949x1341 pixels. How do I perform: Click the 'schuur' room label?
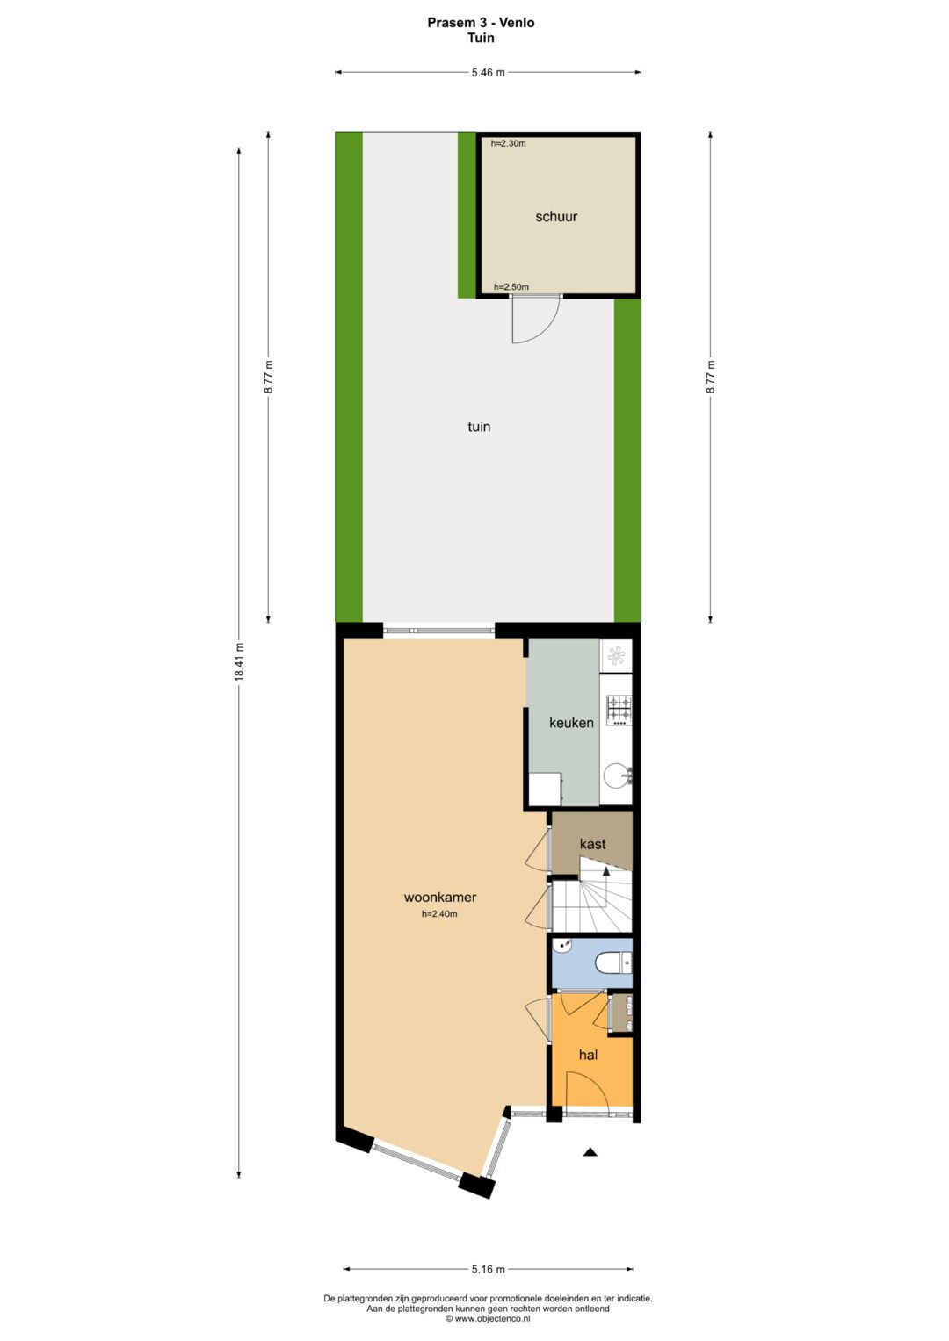(x=556, y=217)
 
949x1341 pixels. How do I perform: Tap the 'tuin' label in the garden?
(x=479, y=427)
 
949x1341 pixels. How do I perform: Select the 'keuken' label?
(x=571, y=723)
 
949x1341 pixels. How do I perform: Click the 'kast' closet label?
(x=592, y=844)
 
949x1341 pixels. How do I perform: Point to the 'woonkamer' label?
(x=440, y=898)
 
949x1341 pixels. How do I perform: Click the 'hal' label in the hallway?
(x=588, y=1055)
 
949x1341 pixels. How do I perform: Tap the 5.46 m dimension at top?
(x=488, y=73)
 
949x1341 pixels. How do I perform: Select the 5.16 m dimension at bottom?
(x=488, y=1269)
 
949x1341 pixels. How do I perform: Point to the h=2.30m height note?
(x=509, y=143)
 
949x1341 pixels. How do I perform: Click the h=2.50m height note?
(x=511, y=287)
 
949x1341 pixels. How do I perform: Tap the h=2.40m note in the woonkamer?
(x=439, y=914)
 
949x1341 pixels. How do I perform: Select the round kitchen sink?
(x=617, y=775)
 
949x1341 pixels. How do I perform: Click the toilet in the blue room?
(x=612, y=964)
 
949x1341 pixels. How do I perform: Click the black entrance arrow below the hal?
(x=590, y=1152)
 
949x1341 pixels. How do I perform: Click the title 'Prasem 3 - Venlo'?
(x=481, y=23)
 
